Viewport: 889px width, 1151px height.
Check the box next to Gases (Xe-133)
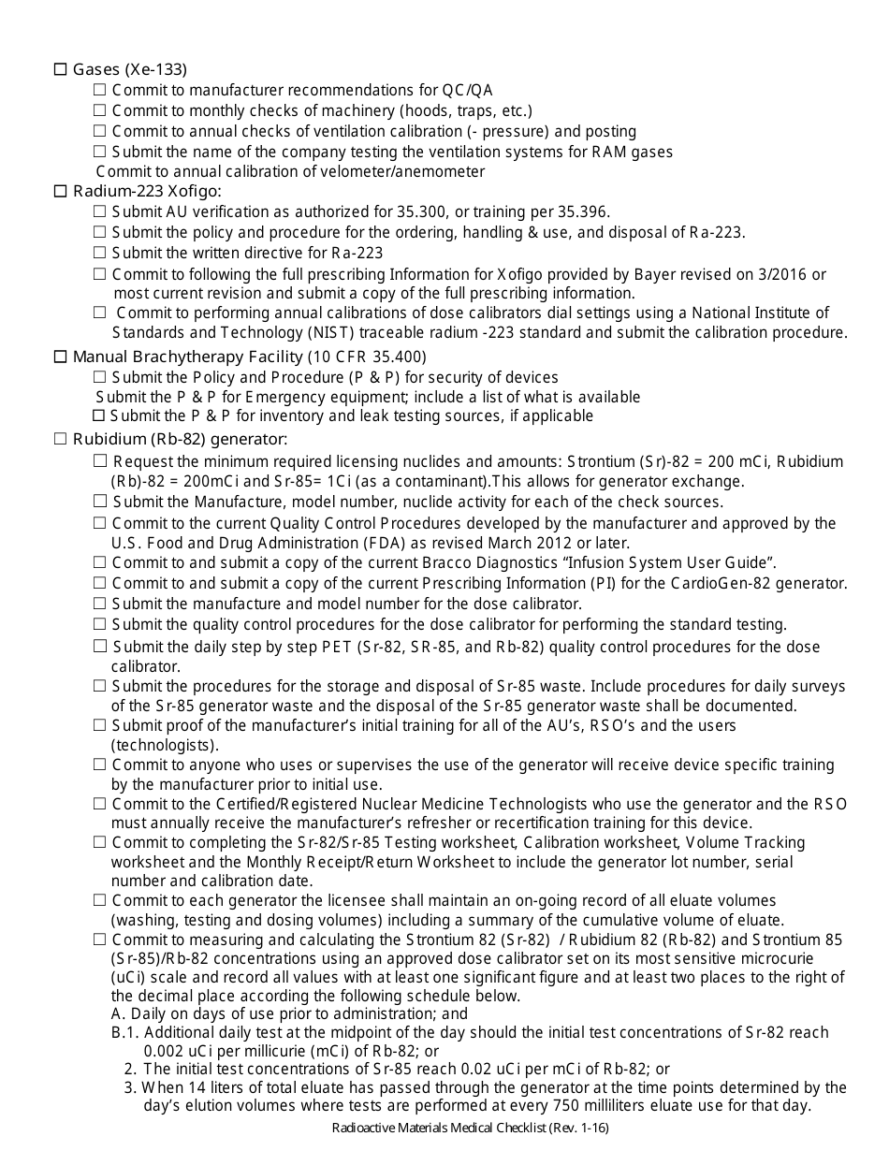coord(61,69)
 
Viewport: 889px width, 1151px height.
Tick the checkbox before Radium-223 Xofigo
coord(61,192)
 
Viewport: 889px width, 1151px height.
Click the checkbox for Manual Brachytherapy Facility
coord(61,357)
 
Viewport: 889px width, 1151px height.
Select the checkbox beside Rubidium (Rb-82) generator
coord(61,439)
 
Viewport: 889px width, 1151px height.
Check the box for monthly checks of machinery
coord(99,110)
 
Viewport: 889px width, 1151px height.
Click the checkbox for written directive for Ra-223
coord(99,253)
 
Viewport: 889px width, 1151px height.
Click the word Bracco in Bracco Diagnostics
coord(410,562)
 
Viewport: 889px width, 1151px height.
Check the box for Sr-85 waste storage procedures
coord(99,687)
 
